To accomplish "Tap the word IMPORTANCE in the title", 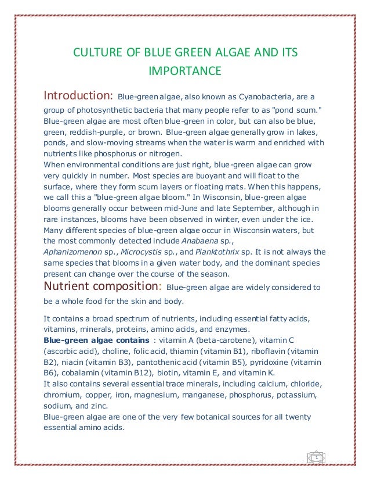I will click(x=185, y=71).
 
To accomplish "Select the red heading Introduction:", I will click(x=78, y=95).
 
